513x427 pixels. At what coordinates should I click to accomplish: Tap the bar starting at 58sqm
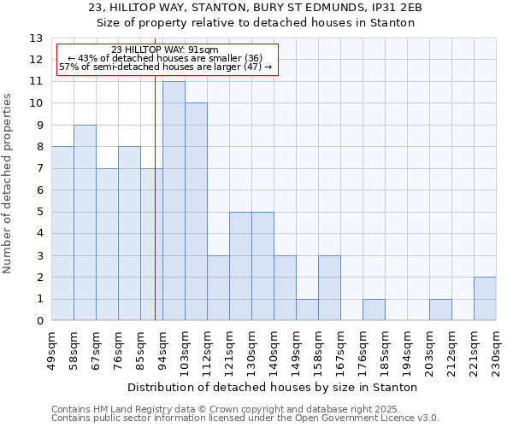tap(85, 223)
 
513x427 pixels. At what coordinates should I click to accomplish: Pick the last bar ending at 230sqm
tap(485, 299)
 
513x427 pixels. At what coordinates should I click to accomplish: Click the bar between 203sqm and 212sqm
tap(440, 310)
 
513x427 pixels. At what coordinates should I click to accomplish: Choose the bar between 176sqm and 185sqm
tap(374, 310)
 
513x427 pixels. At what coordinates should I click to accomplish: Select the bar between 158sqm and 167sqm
tap(329, 288)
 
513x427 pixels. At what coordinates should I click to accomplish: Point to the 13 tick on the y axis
tap(36, 38)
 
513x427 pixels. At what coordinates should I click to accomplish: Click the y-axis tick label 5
tap(39, 212)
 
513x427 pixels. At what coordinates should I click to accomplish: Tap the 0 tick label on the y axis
tap(39, 321)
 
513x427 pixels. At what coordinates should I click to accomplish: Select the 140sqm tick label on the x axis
tap(274, 349)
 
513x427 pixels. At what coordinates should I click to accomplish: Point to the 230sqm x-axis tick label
tap(496, 349)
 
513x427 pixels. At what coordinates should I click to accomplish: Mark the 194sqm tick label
tap(407, 349)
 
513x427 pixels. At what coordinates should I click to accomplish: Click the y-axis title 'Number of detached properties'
tap(9, 196)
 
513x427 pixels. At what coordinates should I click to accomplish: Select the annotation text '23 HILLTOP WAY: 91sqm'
tap(165, 50)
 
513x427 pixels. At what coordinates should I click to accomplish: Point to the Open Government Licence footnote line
tap(245, 418)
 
